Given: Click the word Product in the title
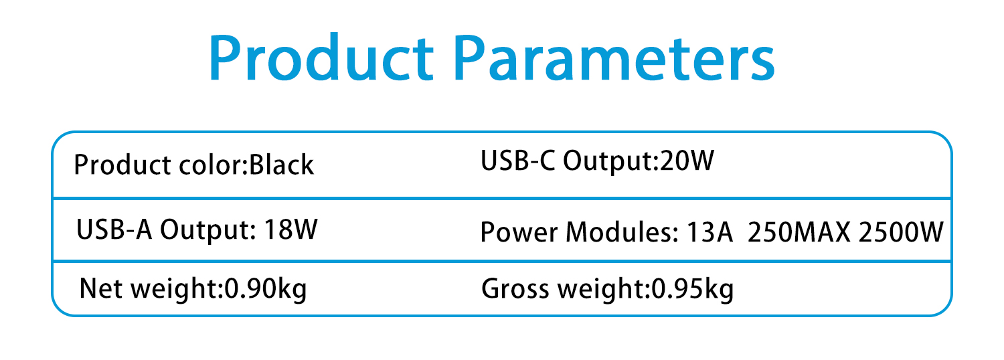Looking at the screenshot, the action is (x=321, y=57).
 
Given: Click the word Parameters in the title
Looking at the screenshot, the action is (x=614, y=58).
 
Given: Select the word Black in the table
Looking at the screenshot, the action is (x=281, y=165).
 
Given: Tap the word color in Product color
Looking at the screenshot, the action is (x=210, y=165).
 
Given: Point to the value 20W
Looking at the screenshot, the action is (x=687, y=161).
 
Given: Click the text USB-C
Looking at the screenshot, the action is (x=517, y=161).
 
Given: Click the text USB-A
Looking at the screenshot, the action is (x=114, y=230).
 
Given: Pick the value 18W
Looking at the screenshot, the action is (x=291, y=230).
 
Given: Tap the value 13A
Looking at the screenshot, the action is (x=710, y=232).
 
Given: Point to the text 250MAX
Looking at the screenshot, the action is (x=799, y=232).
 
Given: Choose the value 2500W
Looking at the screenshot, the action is (x=902, y=232).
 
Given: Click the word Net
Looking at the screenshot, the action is (x=101, y=288).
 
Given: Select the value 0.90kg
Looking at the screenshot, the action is (x=265, y=288).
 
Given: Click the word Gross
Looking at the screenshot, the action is (x=515, y=288).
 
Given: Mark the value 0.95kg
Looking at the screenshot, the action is (x=693, y=288).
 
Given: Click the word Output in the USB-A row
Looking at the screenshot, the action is (x=208, y=230).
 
